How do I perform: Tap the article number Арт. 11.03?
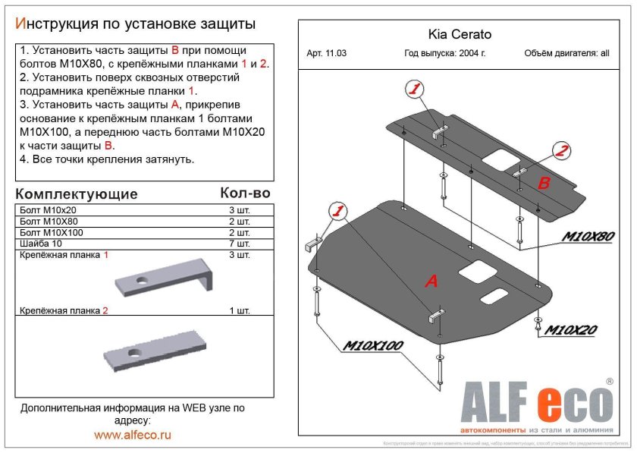tap(327, 54)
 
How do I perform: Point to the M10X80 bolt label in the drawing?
tap(587, 237)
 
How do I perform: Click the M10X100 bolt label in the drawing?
tap(373, 346)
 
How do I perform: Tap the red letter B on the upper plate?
tap(544, 183)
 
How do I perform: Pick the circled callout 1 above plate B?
tap(414, 90)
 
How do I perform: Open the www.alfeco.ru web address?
tap(133, 435)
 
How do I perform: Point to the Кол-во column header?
tap(244, 193)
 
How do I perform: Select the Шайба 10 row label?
tap(42, 244)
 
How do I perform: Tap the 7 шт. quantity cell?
tap(239, 244)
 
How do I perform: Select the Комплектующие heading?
tap(77, 193)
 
